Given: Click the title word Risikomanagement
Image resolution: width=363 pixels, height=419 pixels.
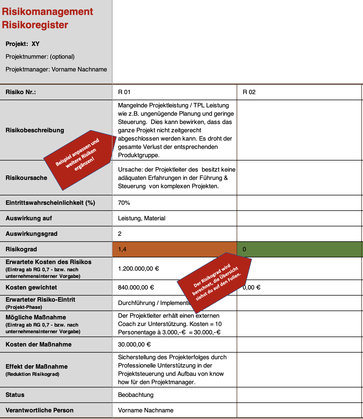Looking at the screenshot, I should [47, 12].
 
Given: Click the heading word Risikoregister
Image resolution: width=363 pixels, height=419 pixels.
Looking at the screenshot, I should [35, 25].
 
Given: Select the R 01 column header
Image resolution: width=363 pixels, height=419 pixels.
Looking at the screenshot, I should [124, 92].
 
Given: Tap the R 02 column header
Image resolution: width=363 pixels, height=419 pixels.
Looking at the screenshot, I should [249, 92].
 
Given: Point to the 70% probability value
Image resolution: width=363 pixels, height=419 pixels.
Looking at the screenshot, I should [124, 203].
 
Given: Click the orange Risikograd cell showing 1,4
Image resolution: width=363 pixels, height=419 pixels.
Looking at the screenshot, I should [174, 249].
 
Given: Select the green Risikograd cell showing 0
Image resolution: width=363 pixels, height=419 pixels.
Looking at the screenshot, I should [299, 249].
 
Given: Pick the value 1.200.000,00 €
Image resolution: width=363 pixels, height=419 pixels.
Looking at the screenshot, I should [139, 268].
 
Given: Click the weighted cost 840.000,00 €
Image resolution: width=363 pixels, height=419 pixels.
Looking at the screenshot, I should [136, 288].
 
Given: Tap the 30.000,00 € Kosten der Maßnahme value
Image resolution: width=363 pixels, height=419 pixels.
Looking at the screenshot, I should [134, 345].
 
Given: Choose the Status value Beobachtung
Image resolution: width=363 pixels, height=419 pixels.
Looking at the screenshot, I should [136, 395].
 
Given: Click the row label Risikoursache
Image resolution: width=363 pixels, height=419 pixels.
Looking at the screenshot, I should [26, 178].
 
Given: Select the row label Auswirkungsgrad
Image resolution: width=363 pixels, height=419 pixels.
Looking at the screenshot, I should [31, 234].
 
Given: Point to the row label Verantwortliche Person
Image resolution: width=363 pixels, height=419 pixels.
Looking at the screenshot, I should [39, 410].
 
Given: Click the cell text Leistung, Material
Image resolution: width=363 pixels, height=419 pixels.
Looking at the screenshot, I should [142, 218].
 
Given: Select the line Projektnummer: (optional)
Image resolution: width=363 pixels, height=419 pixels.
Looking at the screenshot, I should [40, 57].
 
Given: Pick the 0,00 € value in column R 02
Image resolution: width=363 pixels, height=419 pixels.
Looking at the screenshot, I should [252, 288].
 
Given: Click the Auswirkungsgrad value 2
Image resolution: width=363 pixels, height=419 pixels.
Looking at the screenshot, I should [120, 234].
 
